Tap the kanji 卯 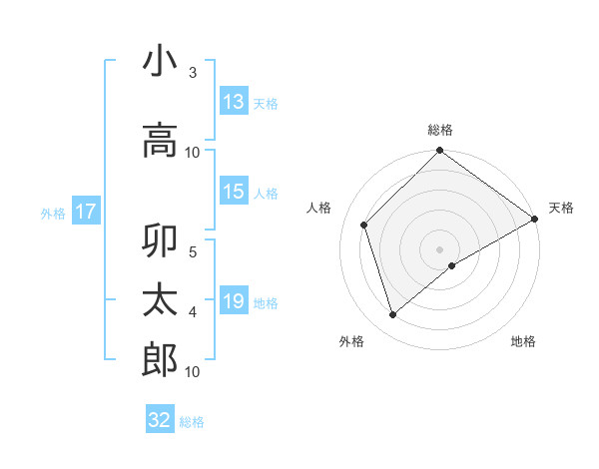click(160, 243)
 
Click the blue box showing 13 click(234, 102)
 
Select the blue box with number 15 click(234, 192)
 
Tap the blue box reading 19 click(234, 301)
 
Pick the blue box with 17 click(85, 212)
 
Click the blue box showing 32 click(160, 420)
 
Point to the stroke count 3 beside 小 click(193, 73)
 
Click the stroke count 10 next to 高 click(193, 152)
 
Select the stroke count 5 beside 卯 click(193, 251)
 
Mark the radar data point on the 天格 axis click(535, 220)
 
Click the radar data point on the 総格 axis click(439, 152)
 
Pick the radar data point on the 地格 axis click(452, 265)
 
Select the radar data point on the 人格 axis click(364, 225)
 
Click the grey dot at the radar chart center click(439, 248)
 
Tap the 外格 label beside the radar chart click(351, 341)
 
